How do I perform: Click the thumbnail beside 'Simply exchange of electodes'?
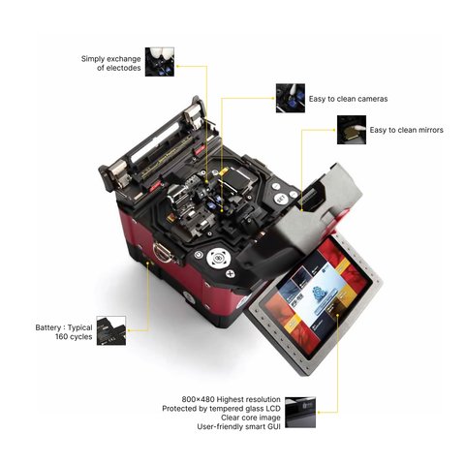160,62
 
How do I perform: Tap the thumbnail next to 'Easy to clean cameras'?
291,98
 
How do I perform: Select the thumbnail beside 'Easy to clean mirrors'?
352,130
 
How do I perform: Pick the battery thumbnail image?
111,330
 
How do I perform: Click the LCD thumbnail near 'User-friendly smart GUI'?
300,413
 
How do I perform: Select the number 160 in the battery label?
61,337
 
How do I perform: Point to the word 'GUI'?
273,426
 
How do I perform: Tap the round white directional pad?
219,258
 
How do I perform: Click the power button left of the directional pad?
198,255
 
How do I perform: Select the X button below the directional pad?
231,274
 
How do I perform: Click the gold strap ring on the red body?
162,252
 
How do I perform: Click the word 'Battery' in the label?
48,327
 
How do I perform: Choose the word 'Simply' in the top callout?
93,59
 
